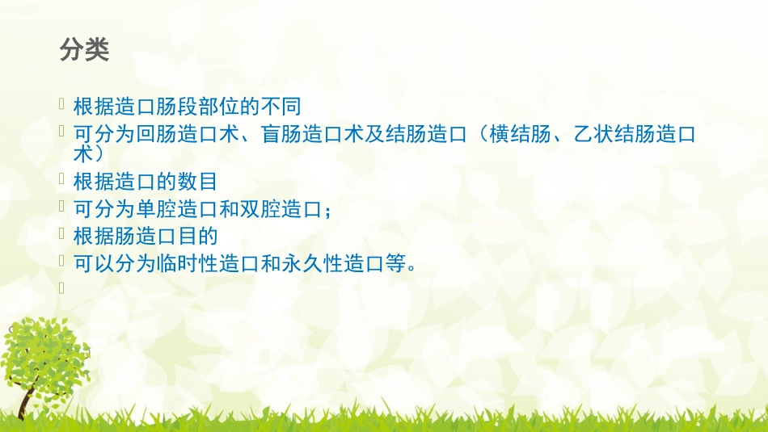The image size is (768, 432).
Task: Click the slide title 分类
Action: (84, 50)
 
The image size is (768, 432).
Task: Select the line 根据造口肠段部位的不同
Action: (187, 107)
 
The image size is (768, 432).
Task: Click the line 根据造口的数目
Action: (146, 182)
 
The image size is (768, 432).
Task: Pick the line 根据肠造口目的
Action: (146, 236)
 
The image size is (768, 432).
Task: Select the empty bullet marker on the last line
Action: (64, 286)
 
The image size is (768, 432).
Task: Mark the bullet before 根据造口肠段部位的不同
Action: (64, 103)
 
